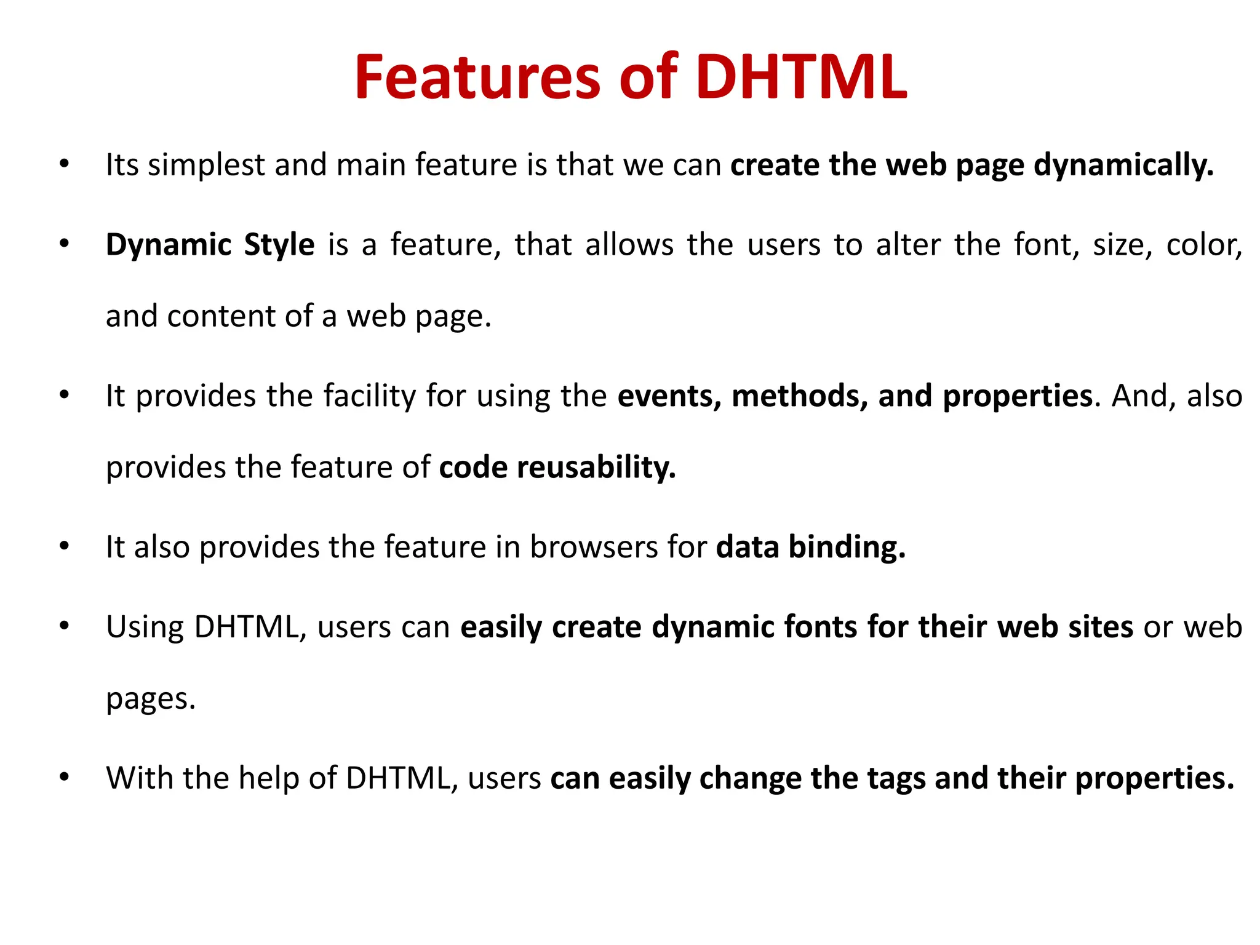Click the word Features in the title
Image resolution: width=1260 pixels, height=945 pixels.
(x=477, y=78)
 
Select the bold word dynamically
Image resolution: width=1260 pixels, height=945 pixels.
(x=1123, y=165)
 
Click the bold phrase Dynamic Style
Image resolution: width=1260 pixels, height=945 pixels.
(x=210, y=245)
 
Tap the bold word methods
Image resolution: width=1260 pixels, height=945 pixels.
(x=800, y=396)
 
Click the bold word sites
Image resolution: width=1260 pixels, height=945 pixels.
(x=1101, y=627)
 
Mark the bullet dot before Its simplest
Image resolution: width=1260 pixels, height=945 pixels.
(x=64, y=164)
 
